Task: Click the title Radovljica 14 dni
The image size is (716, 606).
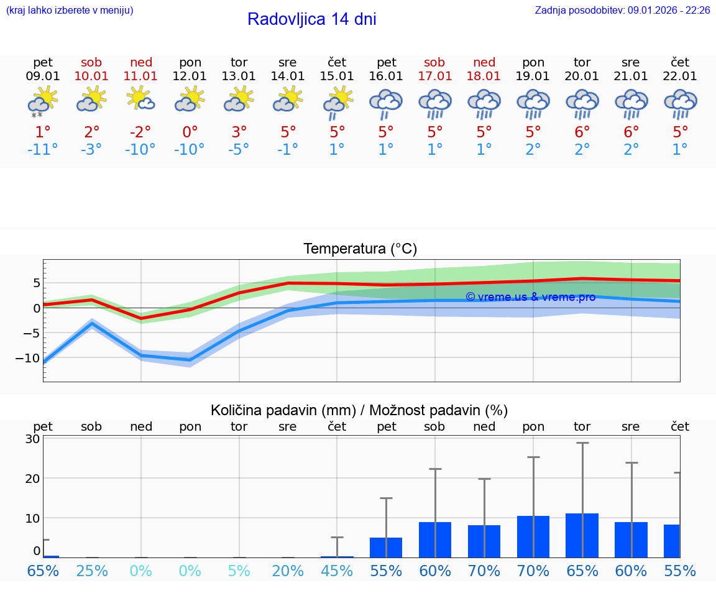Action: coord(311,19)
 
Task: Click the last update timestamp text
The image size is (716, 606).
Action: coord(622,11)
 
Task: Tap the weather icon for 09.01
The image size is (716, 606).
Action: coord(42,102)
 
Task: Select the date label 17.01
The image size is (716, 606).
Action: coord(434,76)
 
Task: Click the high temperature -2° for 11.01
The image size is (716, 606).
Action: coord(140,132)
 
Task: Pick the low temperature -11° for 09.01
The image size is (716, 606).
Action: coord(42,150)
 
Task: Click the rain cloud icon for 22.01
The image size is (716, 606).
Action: coord(680,104)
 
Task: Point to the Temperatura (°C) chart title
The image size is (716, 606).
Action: coord(360,249)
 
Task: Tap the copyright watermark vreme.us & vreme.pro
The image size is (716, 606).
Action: coord(530,297)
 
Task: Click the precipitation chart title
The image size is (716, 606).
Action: coord(359,410)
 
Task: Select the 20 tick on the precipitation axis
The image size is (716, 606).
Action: coord(32,479)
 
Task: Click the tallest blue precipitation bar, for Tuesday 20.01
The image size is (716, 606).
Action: coord(582,535)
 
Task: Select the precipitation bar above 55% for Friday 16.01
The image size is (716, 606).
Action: coord(385,547)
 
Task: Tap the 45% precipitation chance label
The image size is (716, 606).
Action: coord(337,571)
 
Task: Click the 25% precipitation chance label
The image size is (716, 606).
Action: coord(91,571)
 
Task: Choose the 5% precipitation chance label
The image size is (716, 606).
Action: coord(239,571)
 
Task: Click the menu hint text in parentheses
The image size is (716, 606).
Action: coord(69,11)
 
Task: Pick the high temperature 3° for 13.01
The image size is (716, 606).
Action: coord(239,132)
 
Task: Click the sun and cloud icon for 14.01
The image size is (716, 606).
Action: coord(288,99)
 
